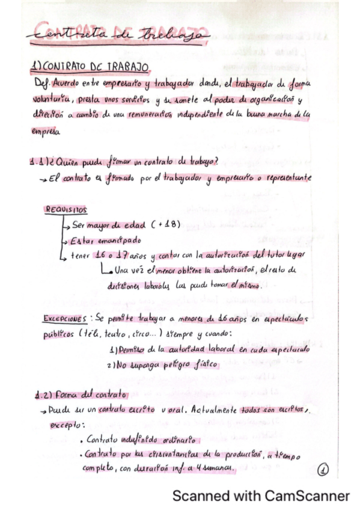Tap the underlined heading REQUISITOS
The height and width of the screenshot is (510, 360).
click(x=66, y=209)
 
